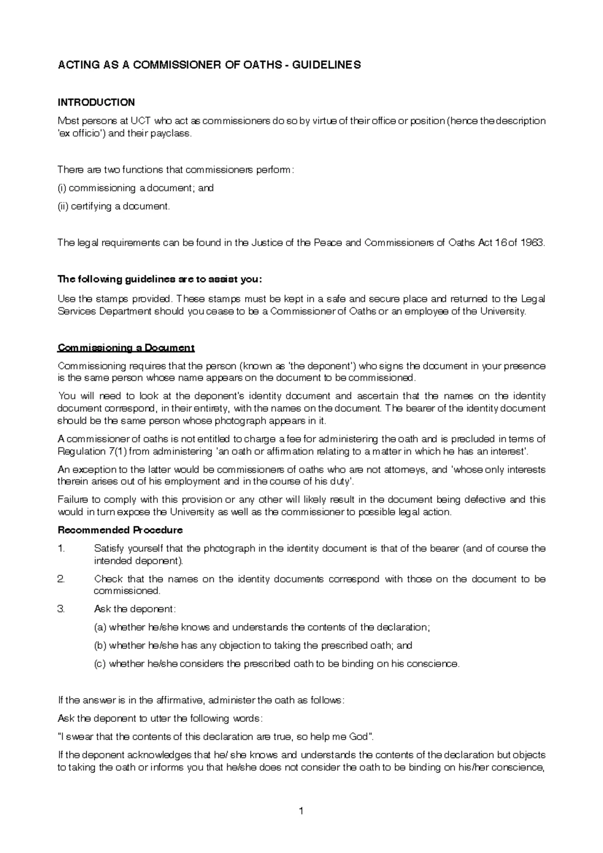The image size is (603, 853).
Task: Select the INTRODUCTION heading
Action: pos(96,102)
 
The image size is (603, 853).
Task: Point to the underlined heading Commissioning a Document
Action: pos(126,348)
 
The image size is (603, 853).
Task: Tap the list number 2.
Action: pos(61,579)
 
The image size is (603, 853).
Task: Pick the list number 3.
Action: pos(61,609)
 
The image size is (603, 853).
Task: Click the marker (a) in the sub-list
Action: pos(100,627)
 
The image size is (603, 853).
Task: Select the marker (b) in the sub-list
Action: pos(100,646)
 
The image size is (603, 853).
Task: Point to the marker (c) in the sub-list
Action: pos(100,664)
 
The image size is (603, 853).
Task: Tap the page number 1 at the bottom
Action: pos(301,811)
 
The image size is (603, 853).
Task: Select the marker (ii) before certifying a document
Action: pos(63,206)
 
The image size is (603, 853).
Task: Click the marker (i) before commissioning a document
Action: pos(62,188)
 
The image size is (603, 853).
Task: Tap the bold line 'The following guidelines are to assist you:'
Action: pos(160,279)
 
